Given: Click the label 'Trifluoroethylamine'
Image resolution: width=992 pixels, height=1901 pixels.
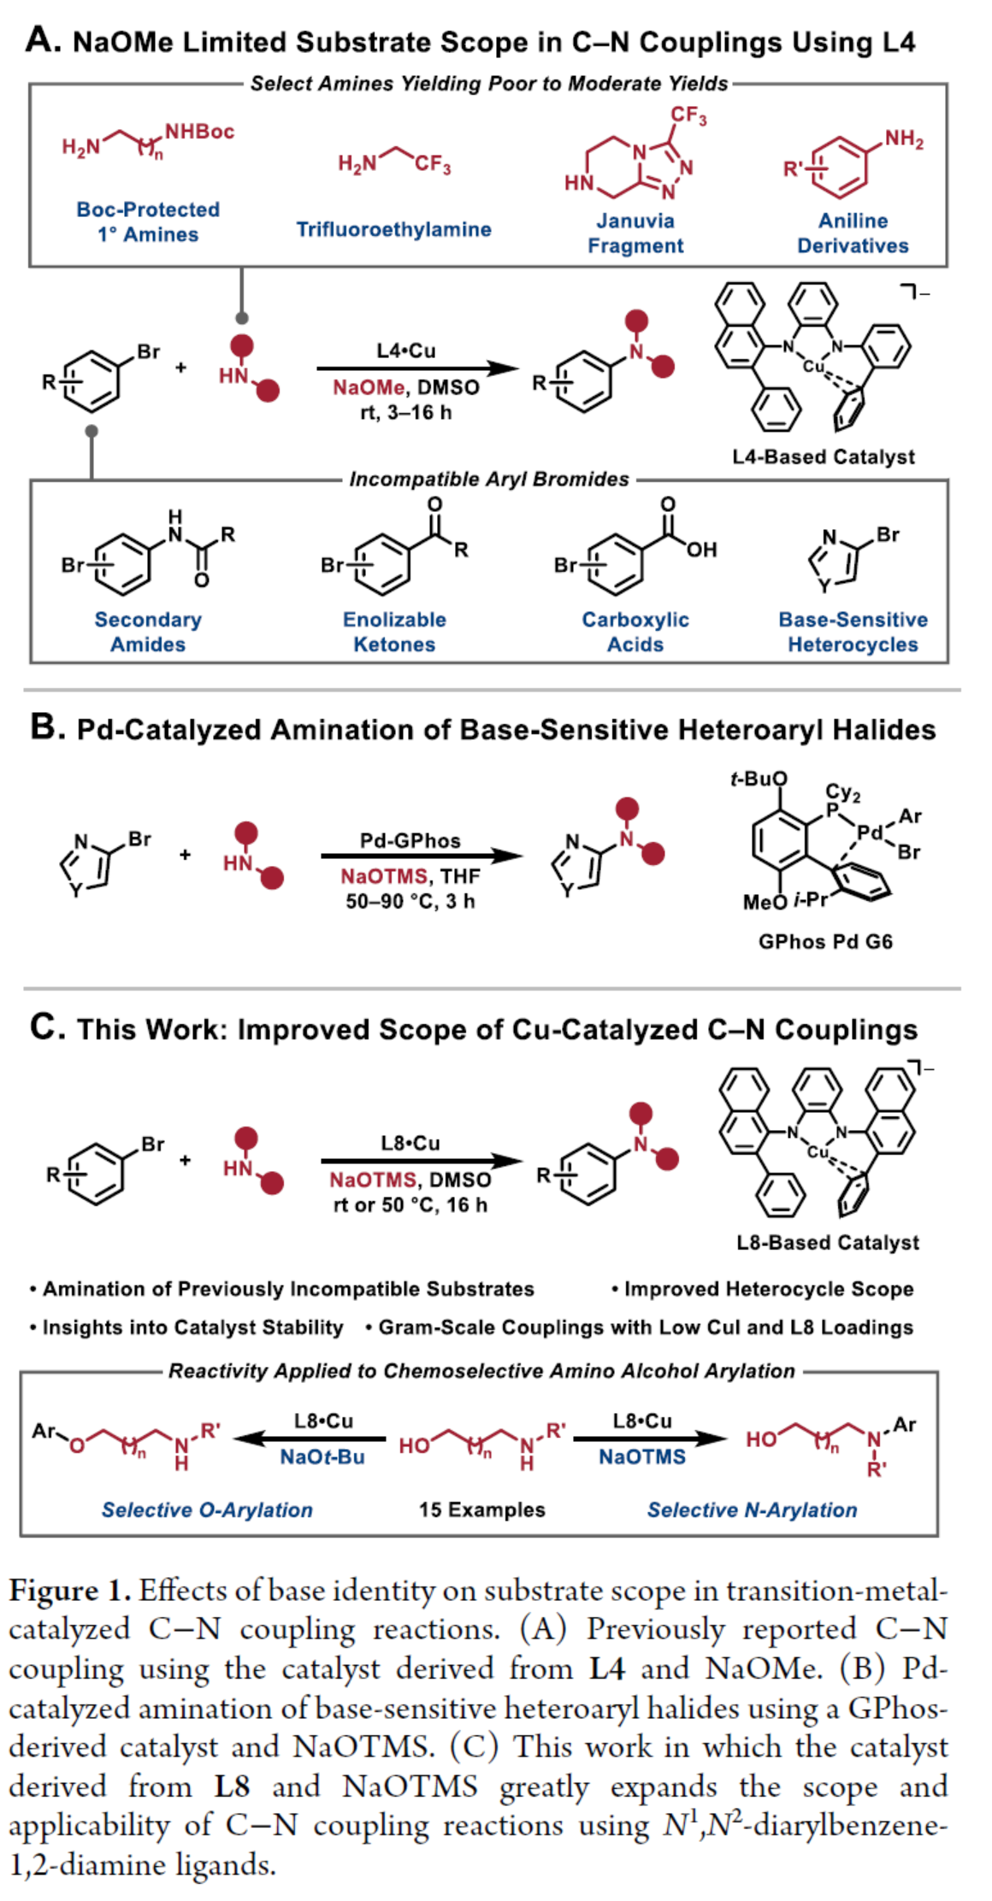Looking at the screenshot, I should click(393, 229).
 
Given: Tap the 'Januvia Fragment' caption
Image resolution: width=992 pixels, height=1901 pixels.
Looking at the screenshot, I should click(635, 233).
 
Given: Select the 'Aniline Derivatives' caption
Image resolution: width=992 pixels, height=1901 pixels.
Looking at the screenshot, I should click(853, 233).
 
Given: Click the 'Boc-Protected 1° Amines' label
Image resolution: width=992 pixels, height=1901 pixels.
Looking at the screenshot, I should click(148, 221).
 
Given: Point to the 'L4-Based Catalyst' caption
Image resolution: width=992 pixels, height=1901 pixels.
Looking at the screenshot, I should click(823, 457).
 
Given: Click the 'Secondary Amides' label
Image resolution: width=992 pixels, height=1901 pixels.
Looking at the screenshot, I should click(148, 632).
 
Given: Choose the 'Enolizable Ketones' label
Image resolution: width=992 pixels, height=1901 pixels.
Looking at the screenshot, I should click(394, 632).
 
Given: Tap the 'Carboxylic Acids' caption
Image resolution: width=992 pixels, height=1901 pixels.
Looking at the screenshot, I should click(635, 632).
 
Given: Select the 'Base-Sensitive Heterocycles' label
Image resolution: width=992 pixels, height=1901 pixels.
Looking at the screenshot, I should click(853, 632).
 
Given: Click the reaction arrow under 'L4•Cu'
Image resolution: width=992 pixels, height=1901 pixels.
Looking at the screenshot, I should click(417, 368).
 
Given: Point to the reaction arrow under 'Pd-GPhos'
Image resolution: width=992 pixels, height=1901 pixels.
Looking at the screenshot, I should click(421, 856).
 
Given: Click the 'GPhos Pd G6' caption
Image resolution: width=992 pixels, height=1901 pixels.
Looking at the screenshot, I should click(825, 942).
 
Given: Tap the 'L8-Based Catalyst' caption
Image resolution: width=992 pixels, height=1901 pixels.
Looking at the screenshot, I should click(828, 1243).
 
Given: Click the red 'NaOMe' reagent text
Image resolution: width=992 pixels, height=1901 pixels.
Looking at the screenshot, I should click(369, 388).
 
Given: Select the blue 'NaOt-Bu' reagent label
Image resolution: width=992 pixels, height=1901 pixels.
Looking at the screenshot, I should click(322, 1457).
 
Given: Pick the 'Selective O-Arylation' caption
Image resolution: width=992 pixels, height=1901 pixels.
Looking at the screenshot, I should click(207, 1510).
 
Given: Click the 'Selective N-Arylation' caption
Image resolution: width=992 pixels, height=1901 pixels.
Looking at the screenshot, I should click(752, 1510).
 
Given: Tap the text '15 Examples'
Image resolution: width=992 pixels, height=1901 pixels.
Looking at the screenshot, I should click(481, 1510).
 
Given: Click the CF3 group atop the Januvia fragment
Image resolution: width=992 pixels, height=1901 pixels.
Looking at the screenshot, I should click(688, 115).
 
